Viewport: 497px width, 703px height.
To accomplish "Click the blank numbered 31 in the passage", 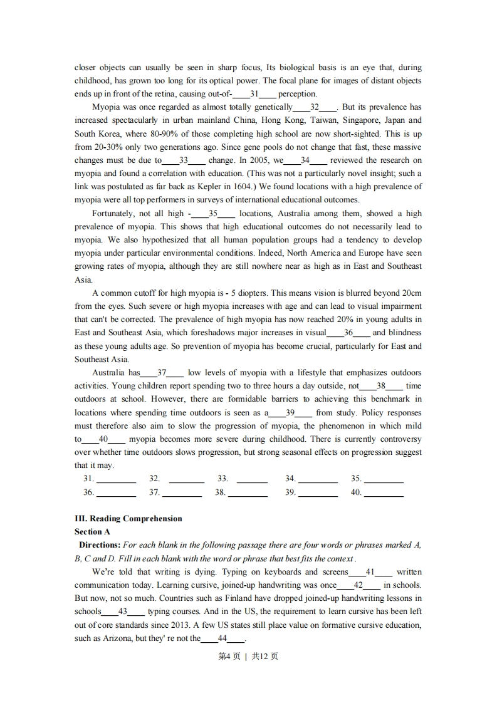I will [254, 94].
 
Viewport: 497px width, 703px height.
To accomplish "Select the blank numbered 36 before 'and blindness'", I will [348, 333].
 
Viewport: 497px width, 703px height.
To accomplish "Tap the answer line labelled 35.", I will [384, 479].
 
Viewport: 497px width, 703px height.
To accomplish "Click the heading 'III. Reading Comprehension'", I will [128, 519].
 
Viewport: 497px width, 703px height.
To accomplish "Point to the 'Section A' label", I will [92, 532].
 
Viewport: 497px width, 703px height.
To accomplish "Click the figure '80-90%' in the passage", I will [165, 133].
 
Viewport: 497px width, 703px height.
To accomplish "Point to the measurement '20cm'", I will [411, 293].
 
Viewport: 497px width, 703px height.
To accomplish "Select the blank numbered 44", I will [222, 638].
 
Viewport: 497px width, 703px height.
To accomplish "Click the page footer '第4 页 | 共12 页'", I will [248, 656].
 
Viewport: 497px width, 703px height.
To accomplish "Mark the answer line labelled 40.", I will [384, 493].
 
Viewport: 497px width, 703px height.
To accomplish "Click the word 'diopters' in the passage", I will [252, 293].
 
